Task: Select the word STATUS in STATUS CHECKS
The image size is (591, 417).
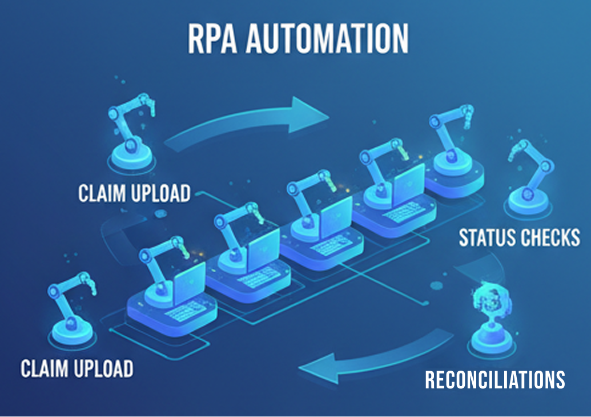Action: point(487,237)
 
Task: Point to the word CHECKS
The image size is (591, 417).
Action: point(550,237)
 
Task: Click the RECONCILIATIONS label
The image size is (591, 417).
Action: point(494,379)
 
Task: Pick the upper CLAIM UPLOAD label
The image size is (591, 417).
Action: point(134,193)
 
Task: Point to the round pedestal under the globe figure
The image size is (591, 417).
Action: point(489,342)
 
